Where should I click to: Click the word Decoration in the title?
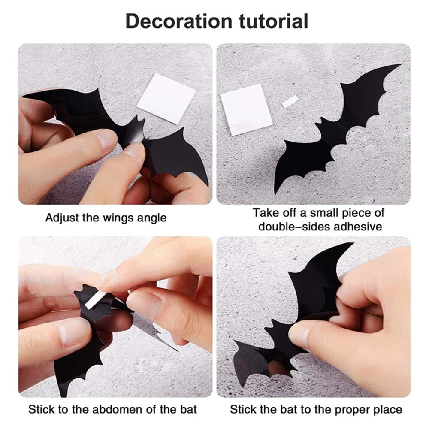(x=178, y=21)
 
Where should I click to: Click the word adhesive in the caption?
(x=358, y=227)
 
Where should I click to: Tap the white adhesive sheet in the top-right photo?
(x=246, y=109)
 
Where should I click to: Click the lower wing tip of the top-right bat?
(x=275, y=193)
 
